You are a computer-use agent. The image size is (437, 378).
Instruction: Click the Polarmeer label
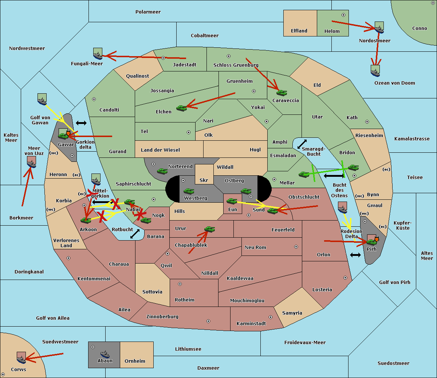(x=148, y=12)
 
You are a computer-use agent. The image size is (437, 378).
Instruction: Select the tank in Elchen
(x=182, y=108)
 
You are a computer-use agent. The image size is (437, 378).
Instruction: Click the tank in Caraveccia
(x=282, y=93)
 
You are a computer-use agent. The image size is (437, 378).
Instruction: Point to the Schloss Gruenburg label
(x=236, y=65)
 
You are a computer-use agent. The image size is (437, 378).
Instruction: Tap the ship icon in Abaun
(x=105, y=354)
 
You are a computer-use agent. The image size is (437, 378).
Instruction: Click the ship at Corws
(x=21, y=358)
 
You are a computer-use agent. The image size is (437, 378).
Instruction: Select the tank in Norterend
(x=162, y=171)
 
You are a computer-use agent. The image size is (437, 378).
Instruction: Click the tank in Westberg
(x=189, y=191)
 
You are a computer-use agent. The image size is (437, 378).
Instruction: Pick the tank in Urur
(x=209, y=229)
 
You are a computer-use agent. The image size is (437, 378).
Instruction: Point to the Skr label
(x=204, y=180)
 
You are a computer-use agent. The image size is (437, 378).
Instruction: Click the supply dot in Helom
(x=343, y=15)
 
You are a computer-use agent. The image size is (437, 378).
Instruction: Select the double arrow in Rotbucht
(x=135, y=234)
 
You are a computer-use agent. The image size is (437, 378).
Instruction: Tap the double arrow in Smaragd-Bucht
(x=302, y=144)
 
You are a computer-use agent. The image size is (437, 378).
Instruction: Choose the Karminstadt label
(x=251, y=323)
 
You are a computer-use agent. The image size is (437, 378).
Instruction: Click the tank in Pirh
(x=371, y=242)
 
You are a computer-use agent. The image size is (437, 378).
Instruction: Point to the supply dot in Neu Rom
(x=296, y=247)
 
